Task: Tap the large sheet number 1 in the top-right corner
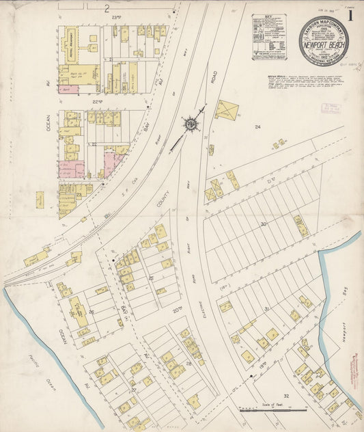pyautogui.click(x=350, y=16)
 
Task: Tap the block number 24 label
pyautogui.click(x=258, y=127)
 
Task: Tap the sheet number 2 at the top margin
pyautogui.click(x=107, y=8)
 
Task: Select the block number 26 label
pyautogui.click(x=91, y=312)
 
